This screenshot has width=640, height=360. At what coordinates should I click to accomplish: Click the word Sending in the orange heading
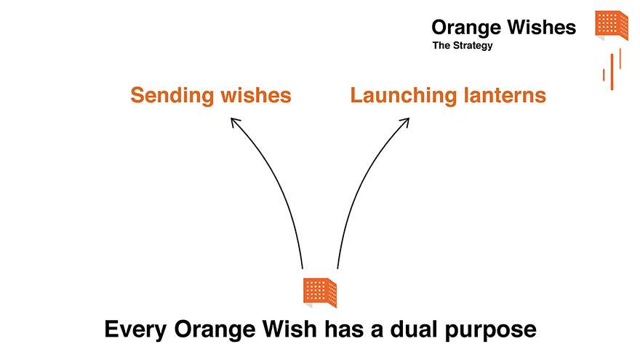172,96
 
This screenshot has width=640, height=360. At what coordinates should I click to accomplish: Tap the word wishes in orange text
256,95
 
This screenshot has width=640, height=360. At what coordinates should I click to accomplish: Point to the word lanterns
505,95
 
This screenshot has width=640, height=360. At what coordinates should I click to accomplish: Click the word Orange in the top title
466,28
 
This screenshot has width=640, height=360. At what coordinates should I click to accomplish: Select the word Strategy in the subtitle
473,46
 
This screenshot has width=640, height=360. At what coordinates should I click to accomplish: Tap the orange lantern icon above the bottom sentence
320,292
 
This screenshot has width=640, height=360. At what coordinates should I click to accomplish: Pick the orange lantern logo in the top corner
612,25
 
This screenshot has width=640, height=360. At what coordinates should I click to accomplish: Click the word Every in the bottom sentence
135,329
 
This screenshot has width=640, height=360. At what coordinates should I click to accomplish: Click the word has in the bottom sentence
344,329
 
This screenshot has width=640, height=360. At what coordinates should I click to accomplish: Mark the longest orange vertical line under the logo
612,72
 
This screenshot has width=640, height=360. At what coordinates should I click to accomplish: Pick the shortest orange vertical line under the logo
604,75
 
